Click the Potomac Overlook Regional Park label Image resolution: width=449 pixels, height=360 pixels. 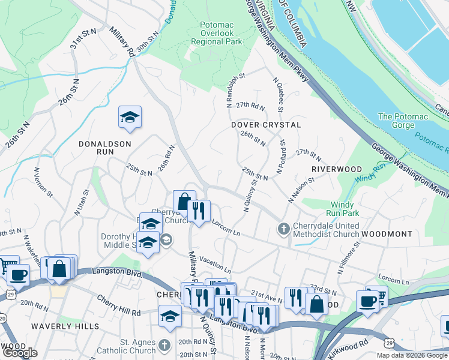point(216,34)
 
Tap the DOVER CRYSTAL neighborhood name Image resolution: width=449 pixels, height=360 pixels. point(266,125)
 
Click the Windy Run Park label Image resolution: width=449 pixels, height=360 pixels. point(342,209)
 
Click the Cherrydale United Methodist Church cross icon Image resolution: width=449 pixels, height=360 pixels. point(283,229)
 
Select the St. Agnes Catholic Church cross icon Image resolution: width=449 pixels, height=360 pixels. point(166,346)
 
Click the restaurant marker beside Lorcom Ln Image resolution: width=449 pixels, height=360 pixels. point(199,211)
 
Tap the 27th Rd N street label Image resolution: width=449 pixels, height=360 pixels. point(250,106)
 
